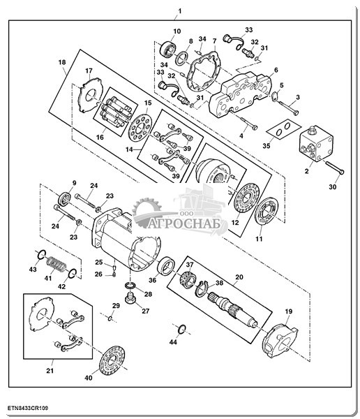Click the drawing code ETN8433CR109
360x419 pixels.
(x=28, y=408)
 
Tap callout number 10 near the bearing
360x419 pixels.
(x=177, y=31)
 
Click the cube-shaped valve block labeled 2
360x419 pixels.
(x=316, y=143)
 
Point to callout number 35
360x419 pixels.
(x=267, y=146)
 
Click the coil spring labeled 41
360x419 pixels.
(x=56, y=264)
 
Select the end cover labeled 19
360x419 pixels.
(x=280, y=340)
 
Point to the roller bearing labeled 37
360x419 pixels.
(x=188, y=279)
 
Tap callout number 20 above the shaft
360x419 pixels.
(x=239, y=277)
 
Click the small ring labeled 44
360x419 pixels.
(x=181, y=329)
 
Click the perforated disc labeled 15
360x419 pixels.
(x=140, y=127)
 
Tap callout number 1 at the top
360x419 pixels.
(x=180, y=11)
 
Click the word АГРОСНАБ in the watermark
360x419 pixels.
(x=185, y=223)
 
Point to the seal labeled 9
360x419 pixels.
(x=64, y=199)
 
